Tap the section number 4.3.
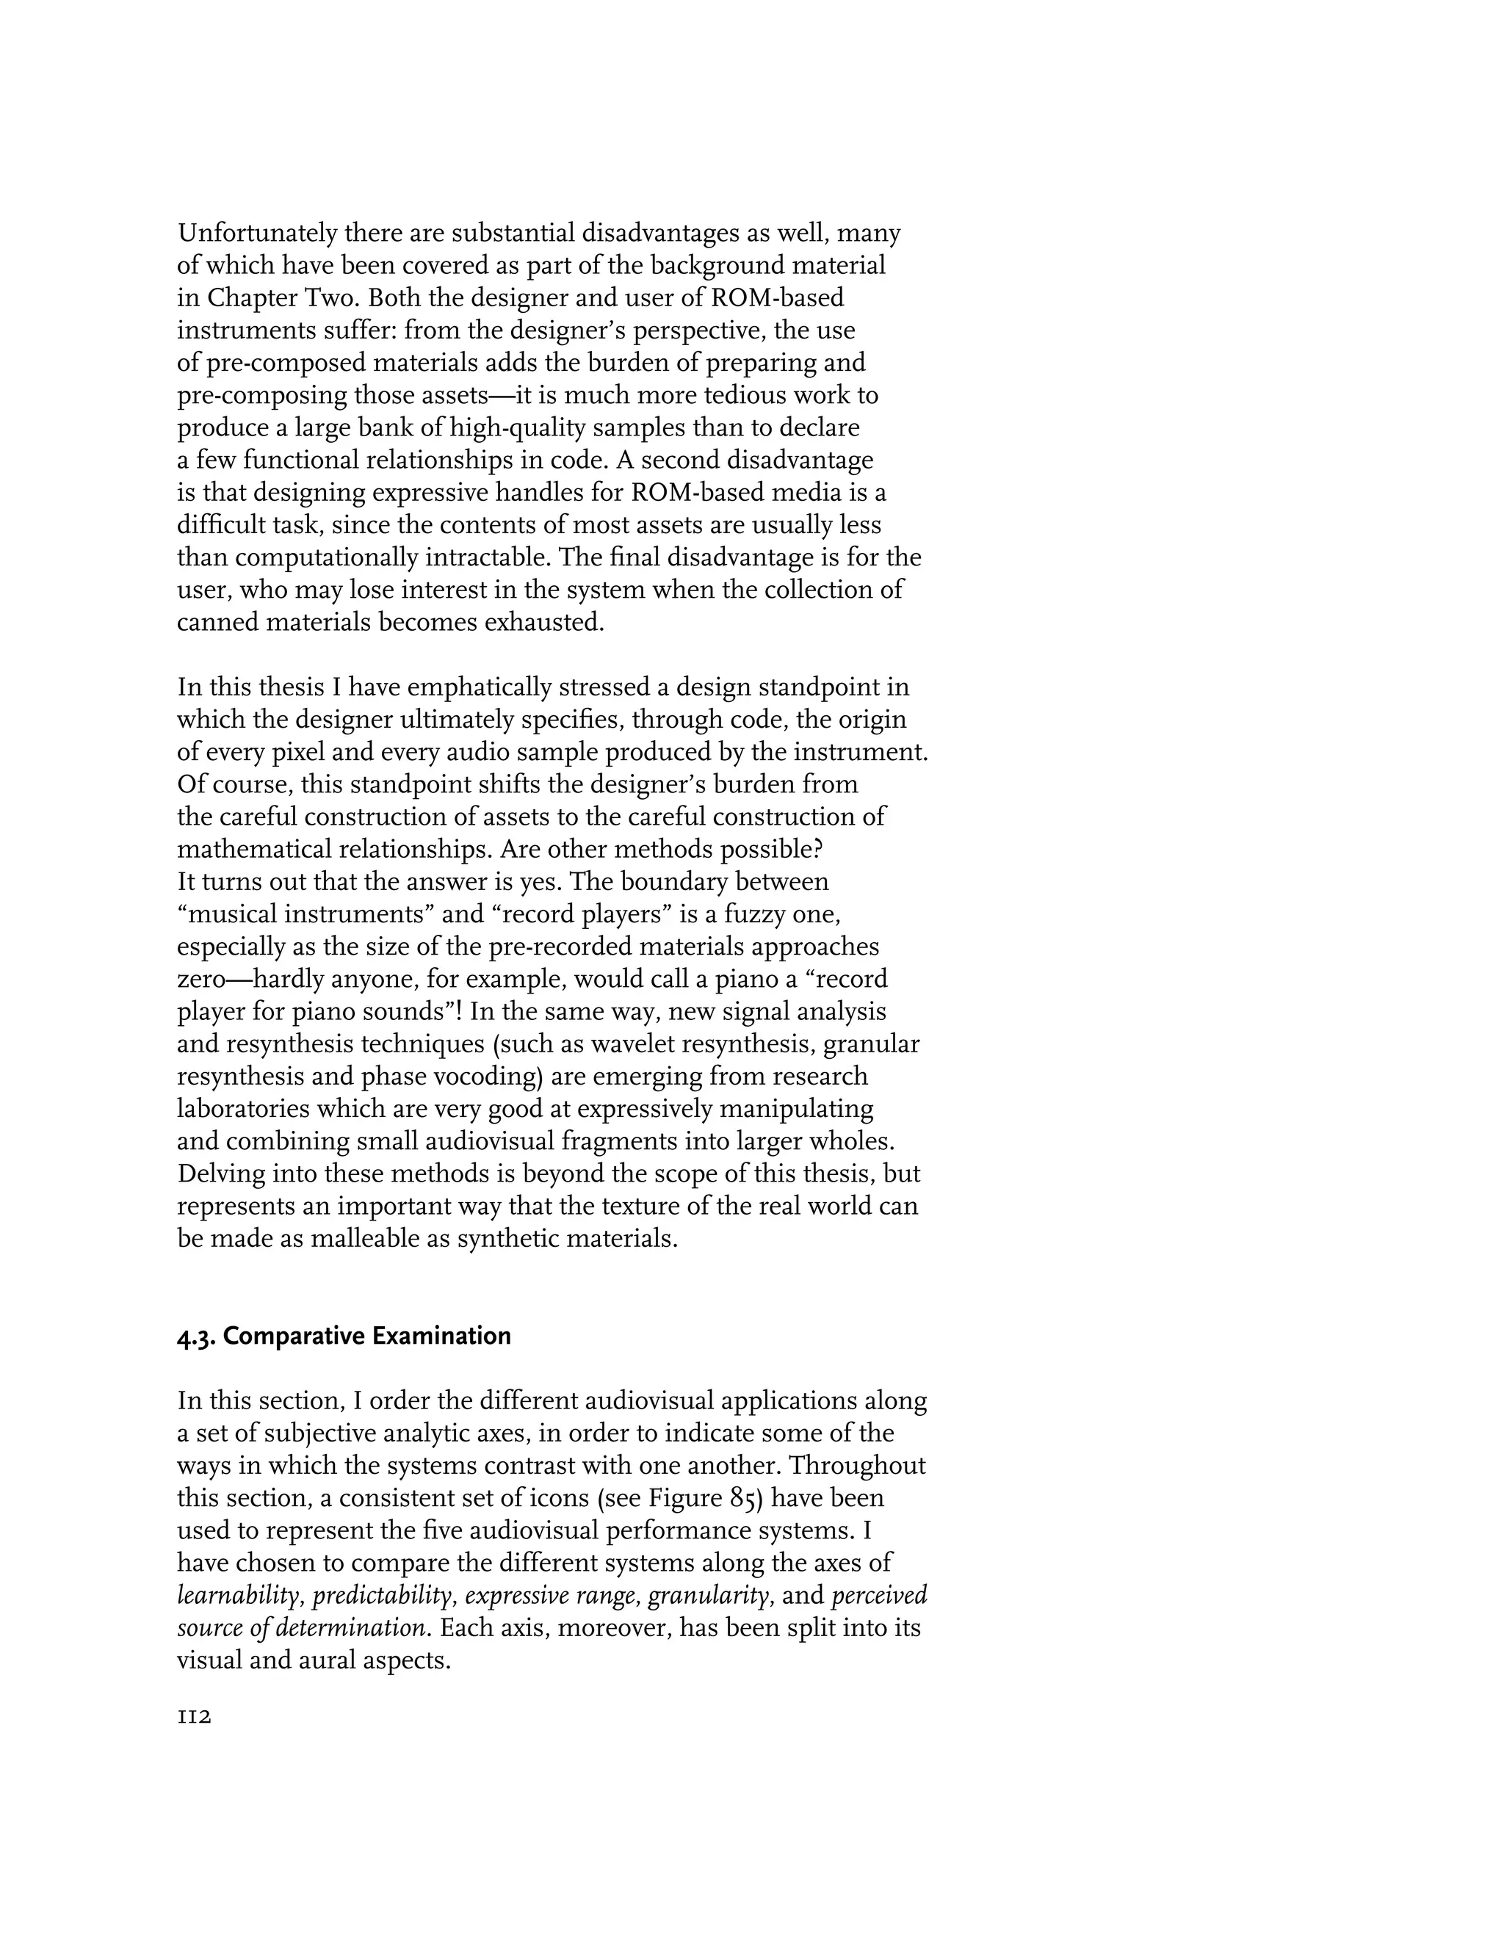click(196, 1337)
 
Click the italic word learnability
click(241, 1595)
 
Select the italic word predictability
click(384, 1595)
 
